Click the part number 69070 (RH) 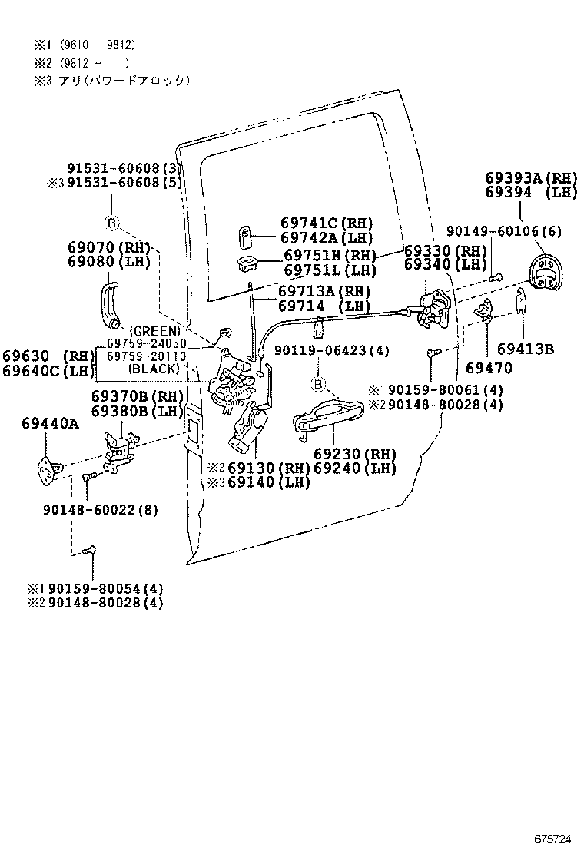pyautogui.click(x=108, y=247)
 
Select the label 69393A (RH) pyautogui.click(x=530, y=177)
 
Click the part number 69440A pyautogui.click(x=50, y=422)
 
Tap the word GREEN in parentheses pyautogui.click(x=154, y=331)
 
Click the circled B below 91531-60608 pyautogui.click(x=111, y=223)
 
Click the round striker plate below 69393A pyautogui.click(x=546, y=273)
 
